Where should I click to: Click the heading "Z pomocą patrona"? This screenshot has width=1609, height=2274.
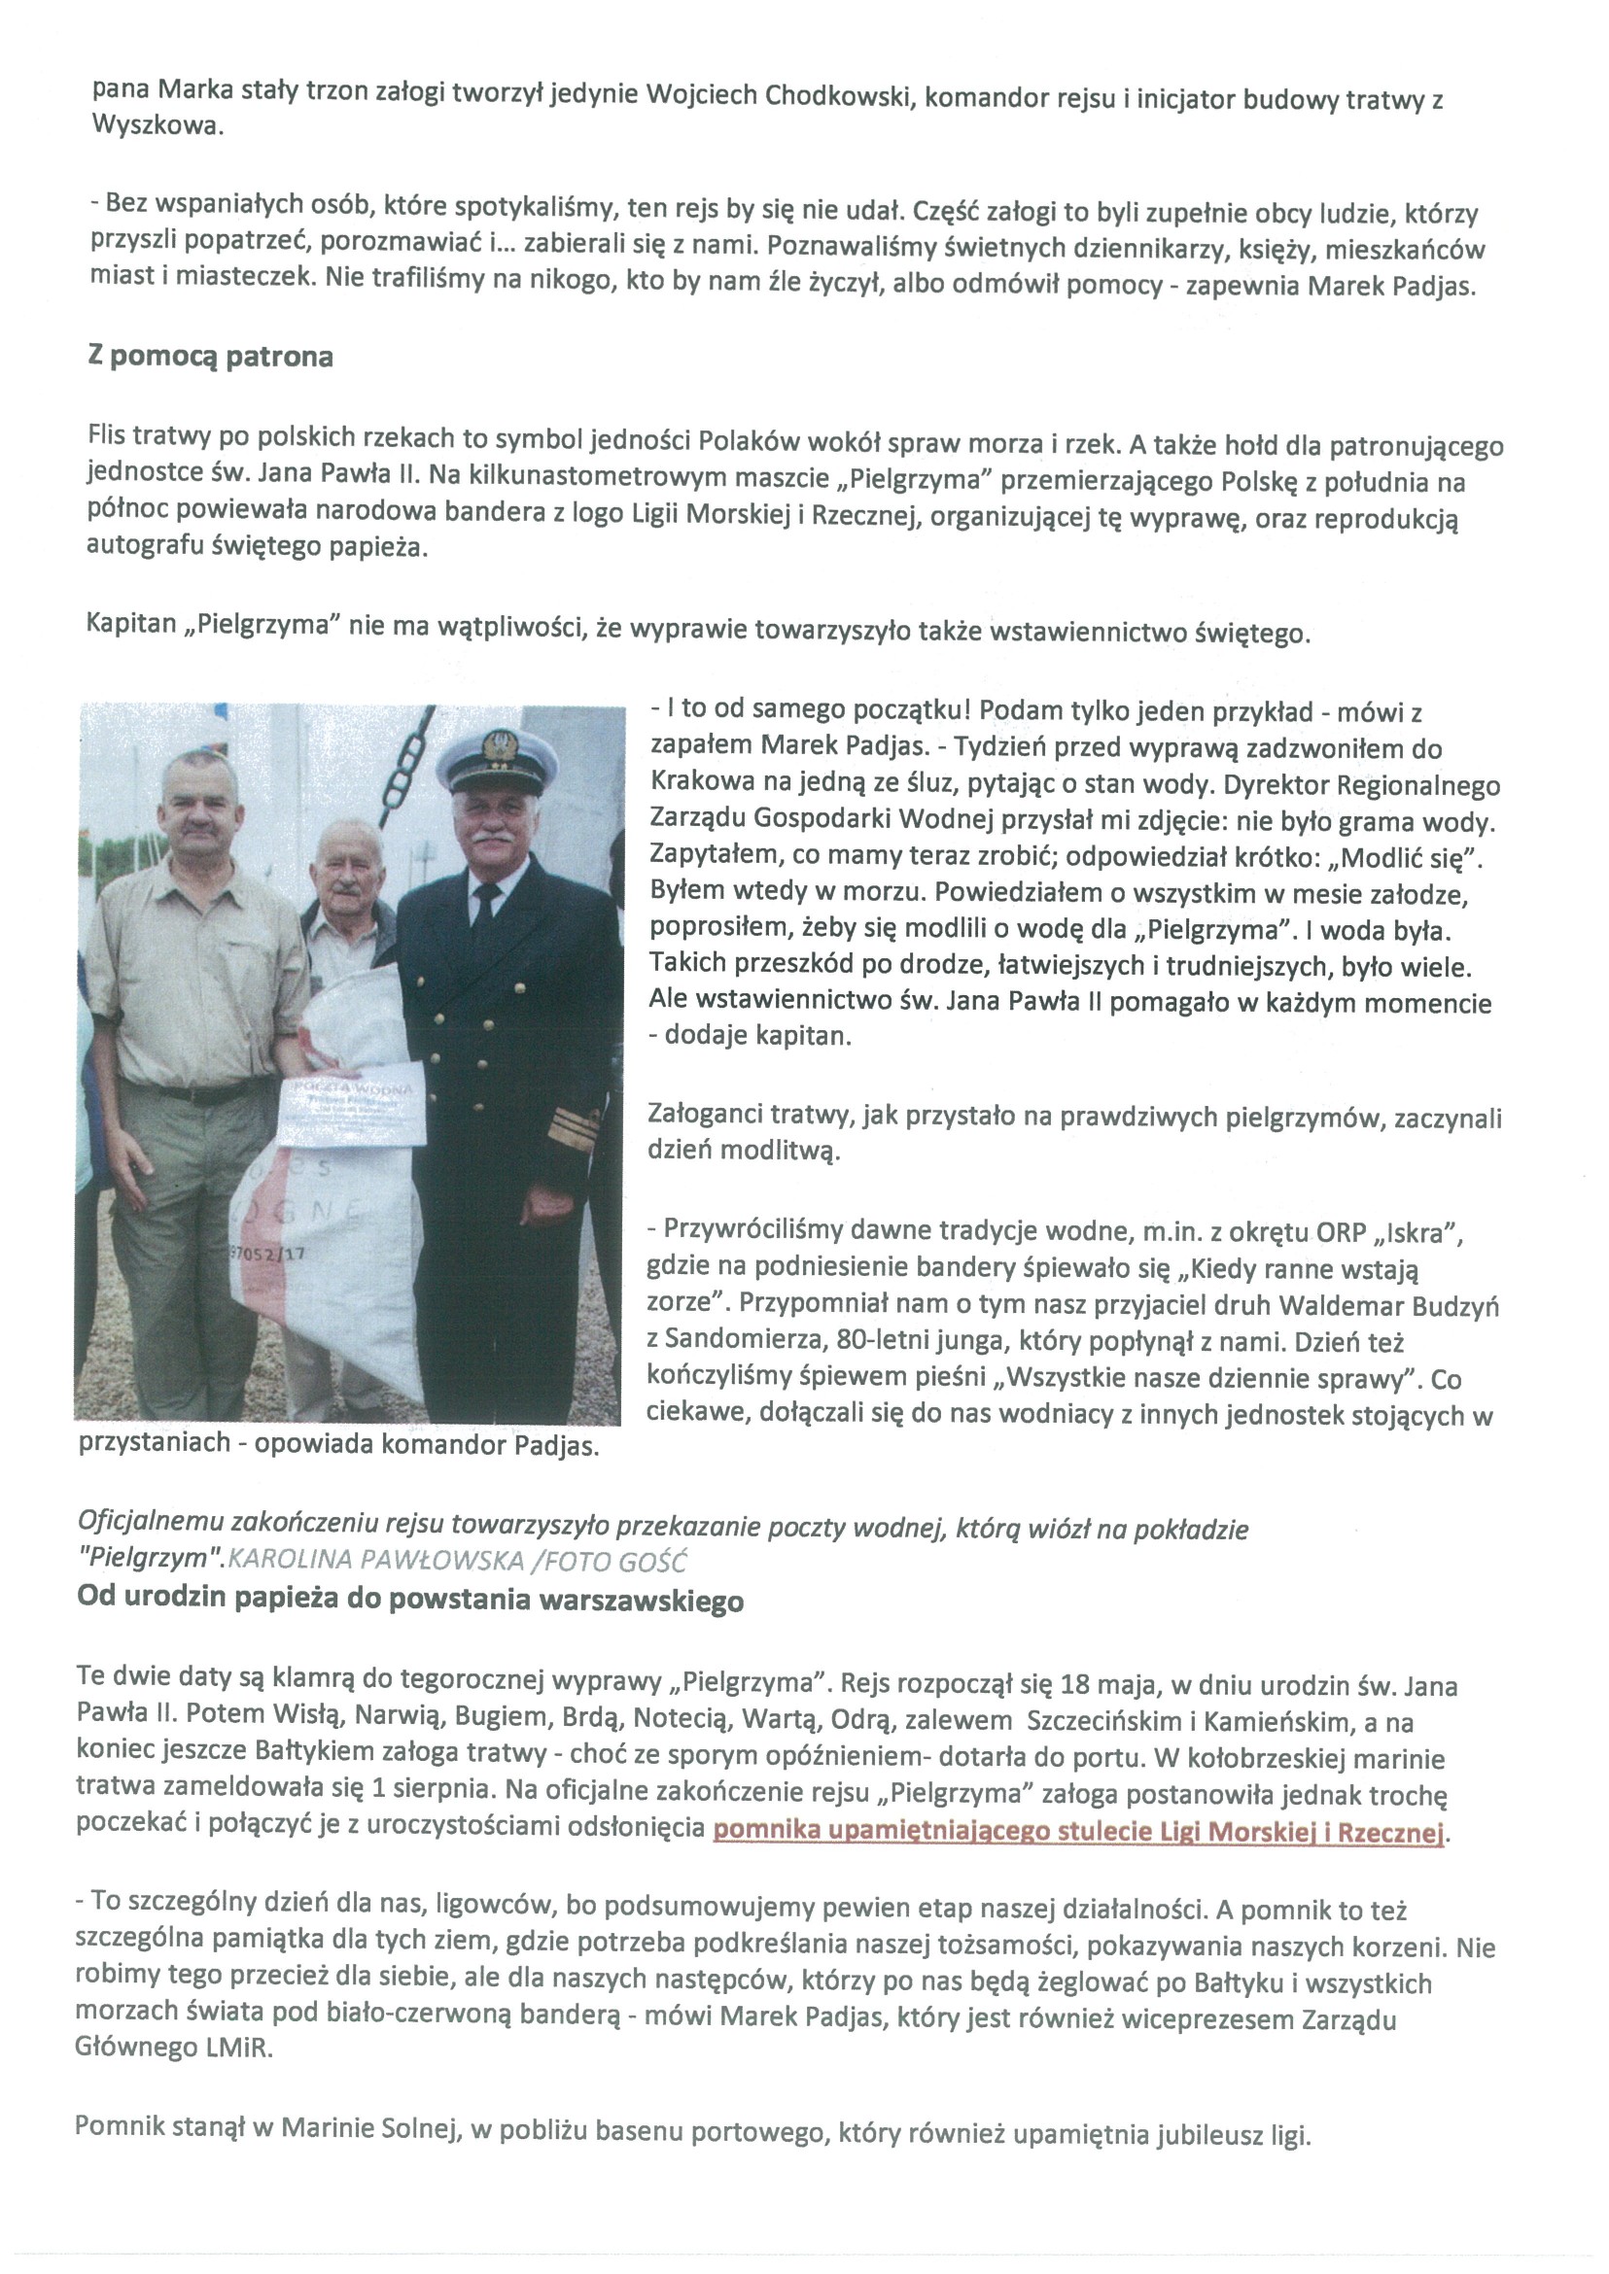click(x=210, y=357)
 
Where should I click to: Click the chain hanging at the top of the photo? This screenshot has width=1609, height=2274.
click(x=407, y=763)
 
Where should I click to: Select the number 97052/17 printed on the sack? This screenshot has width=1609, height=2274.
click(x=266, y=1253)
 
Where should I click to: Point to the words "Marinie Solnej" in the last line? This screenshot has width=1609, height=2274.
click(x=371, y=2127)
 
